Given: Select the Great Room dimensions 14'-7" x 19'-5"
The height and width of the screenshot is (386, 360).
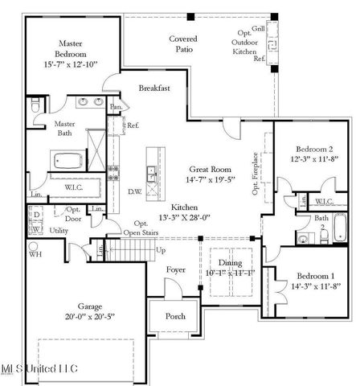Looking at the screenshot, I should pyautogui.click(x=210, y=180).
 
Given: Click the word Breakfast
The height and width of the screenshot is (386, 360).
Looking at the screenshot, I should pyautogui.click(x=153, y=88).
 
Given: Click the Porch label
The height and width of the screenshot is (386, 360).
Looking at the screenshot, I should pyautogui.click(x=175, y=316).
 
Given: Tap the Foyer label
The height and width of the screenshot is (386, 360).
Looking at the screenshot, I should pyautogui.click(x=175, y=270).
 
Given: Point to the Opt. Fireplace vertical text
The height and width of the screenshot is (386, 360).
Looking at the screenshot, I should pyautogui.click(x=256, y=172).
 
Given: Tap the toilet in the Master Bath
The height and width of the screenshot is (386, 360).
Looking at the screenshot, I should pyautogui.click(x=35, y=106).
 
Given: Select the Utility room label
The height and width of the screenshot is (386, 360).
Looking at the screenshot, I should pyautogui.click(x=59, y=230).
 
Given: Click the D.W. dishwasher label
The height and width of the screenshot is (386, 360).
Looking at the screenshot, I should pyautogui.click(x=134, y=191).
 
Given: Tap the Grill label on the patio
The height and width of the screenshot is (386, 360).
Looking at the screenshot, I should pyautogui.click(x=258, y=30).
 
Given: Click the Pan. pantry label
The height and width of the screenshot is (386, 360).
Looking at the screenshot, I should pyautogui.click(x=116, y=106).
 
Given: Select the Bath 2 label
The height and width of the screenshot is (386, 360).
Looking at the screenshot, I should pyautogui.click(x=321, y=222).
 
